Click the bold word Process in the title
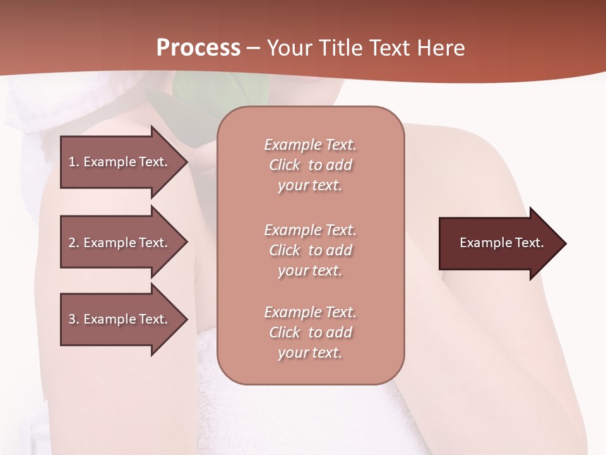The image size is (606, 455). coord(198,48)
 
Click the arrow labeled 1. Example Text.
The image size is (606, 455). coord(120,162)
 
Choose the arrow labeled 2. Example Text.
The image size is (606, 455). coord(120,243)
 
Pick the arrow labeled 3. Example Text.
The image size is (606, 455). coord(120,319)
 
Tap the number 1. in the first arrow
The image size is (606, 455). coord(74,162)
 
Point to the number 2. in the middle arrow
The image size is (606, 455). coord(74,243)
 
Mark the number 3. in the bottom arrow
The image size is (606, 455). coord(74,319)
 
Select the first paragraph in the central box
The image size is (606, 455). coord(310,165)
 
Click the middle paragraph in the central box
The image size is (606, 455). coord(310,250)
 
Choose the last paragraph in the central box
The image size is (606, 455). coord(310,332)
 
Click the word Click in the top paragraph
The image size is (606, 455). coord(285,165)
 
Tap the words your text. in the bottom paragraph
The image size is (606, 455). coord(310,353)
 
